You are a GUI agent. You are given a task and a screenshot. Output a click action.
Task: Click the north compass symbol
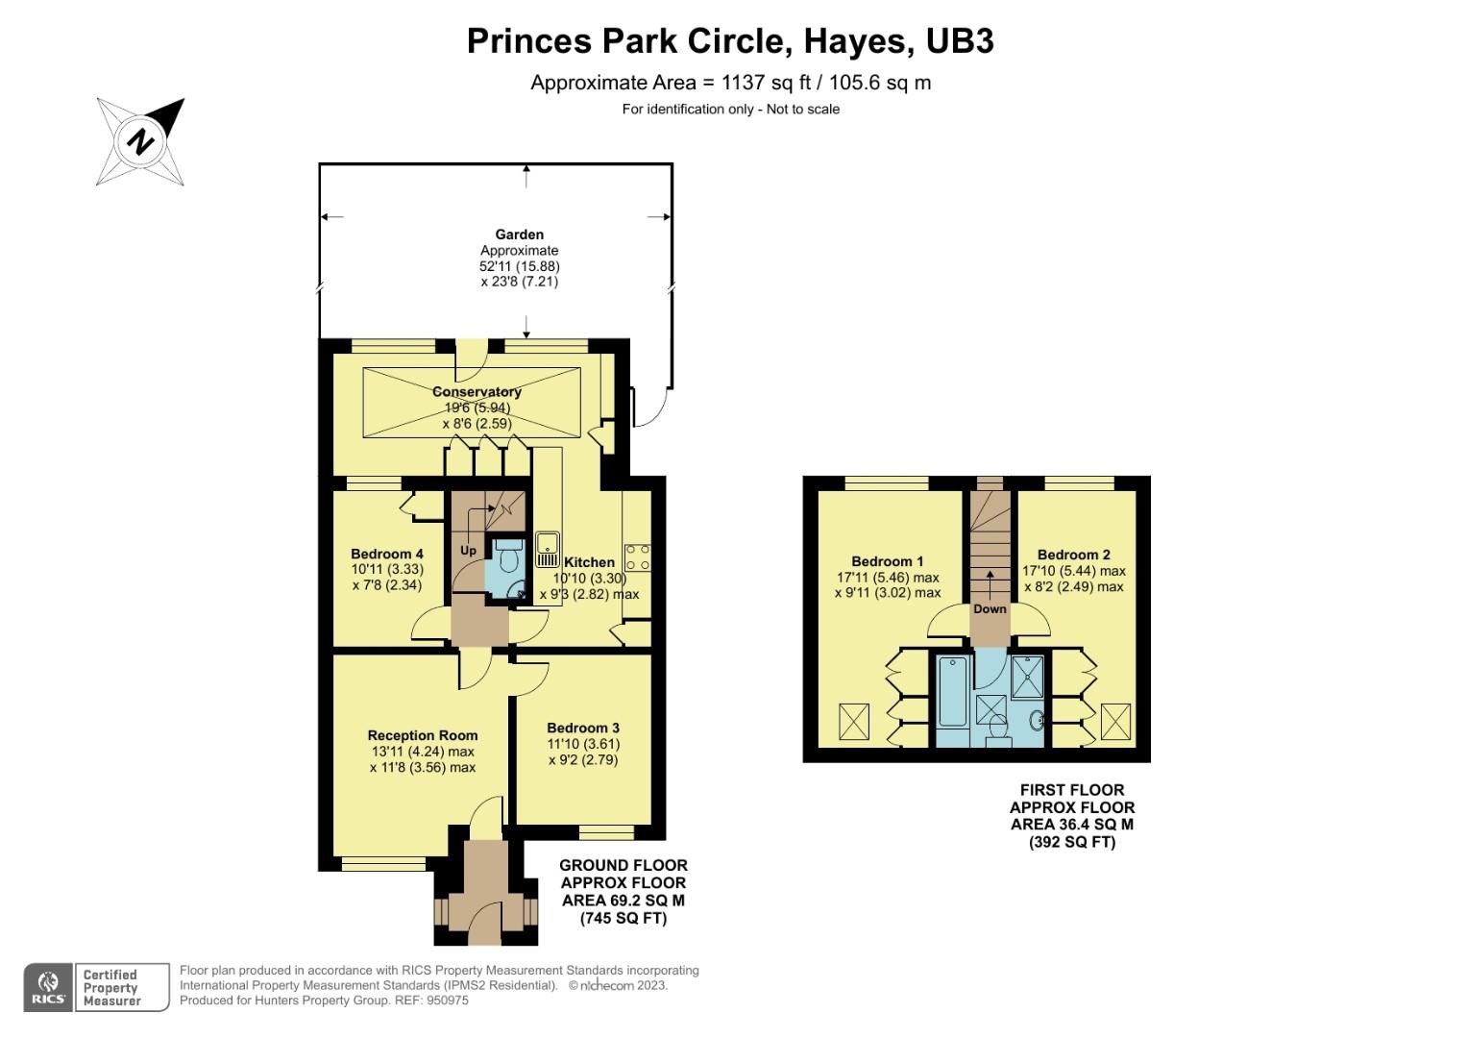tap(141, 141)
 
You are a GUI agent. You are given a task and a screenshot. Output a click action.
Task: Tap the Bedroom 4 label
tap(386, 555)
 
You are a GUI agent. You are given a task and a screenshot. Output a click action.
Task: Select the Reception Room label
tap(422, 735)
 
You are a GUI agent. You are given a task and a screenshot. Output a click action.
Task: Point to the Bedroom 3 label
tap(582, 728)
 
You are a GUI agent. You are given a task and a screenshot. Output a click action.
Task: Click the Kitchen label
tap(589, 562)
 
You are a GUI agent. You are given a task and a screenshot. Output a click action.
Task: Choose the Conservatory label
tap(477, 392)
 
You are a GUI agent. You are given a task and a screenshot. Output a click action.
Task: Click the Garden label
tap(519, 235)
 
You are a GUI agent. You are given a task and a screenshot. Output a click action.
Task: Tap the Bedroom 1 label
tap(887, 561)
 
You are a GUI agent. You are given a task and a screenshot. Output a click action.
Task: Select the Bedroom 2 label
tap(1073, 555)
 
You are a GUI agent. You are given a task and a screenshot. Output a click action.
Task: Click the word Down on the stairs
tap(990, 609)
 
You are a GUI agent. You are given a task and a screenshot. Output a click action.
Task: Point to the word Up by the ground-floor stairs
tap(468, 551)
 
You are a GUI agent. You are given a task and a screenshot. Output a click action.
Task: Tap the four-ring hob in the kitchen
tap(637, 556)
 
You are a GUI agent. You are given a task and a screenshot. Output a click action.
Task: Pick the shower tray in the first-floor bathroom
tap(1028, 677)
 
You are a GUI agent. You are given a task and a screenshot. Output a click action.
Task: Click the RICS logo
tap(47, 988)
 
